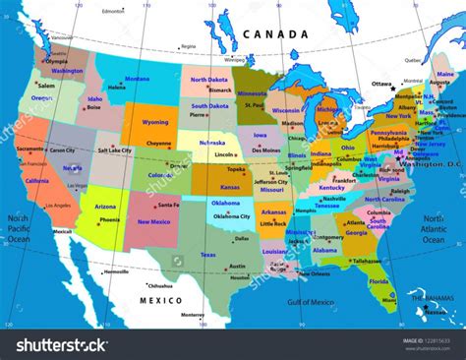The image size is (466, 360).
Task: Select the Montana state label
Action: click(x=137, y=80)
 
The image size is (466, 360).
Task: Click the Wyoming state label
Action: click(x=155, y=122)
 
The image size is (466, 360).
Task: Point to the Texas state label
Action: click(x=208, y=255)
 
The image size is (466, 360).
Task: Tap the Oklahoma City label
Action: click(x=231, y=216)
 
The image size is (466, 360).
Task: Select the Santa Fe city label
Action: click(x=168, y=205)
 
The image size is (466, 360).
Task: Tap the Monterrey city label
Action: click(x=194, y=315)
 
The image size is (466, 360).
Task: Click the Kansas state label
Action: click(x=230, y=185)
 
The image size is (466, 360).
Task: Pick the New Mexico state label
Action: click(x=153, y=222)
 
